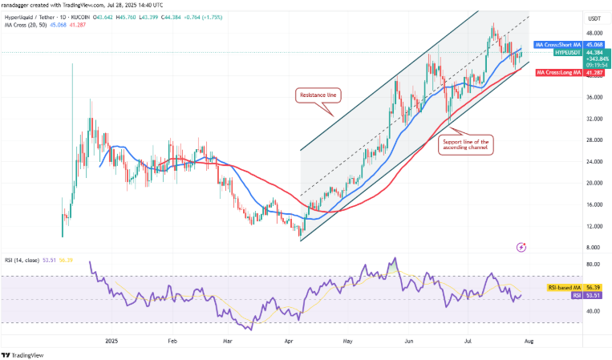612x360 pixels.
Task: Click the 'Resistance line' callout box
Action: (320, 95)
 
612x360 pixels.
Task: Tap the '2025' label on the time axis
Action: (111, 340)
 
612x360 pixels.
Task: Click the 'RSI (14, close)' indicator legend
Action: (26, 259)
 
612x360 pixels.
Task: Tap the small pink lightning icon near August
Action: (522, 247)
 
